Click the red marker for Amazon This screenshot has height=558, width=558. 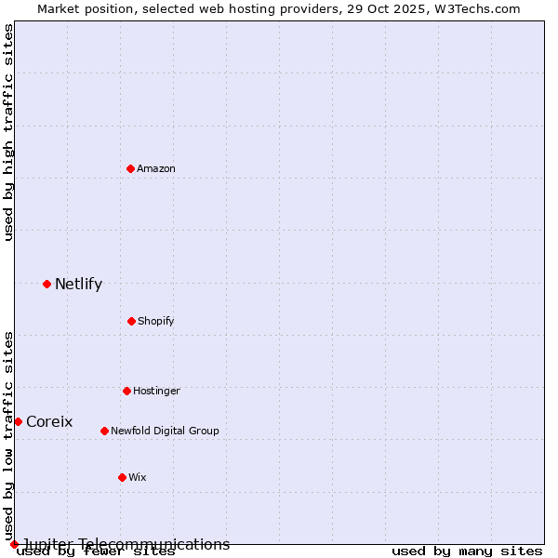pos(131,168)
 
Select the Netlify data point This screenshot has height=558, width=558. pos(46,284)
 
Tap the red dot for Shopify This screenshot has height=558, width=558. pos(131,321)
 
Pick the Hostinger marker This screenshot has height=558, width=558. pos(126,391)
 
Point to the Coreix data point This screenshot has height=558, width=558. pos(18,421)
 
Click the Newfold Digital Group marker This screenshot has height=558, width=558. pos(104,431)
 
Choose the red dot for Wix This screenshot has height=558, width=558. pos(122,477)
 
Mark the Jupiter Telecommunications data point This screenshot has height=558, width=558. pos(14,544)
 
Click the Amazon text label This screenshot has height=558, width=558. pos(156,168)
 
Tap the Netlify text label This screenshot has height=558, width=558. pos(78,284)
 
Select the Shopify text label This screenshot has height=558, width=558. pos(156,321)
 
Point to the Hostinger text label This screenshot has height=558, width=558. pos(156,391)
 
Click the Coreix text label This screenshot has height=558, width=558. pos(49,421)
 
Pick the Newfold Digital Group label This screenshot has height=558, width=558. pos(165,431)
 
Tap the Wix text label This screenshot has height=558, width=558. pos(138,477)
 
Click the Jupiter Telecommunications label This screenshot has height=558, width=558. pos(126,544)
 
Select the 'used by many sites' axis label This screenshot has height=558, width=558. pos(467,551)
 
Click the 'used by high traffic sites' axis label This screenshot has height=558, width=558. pos(8,132)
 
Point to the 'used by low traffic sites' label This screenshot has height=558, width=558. pos(8,435)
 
